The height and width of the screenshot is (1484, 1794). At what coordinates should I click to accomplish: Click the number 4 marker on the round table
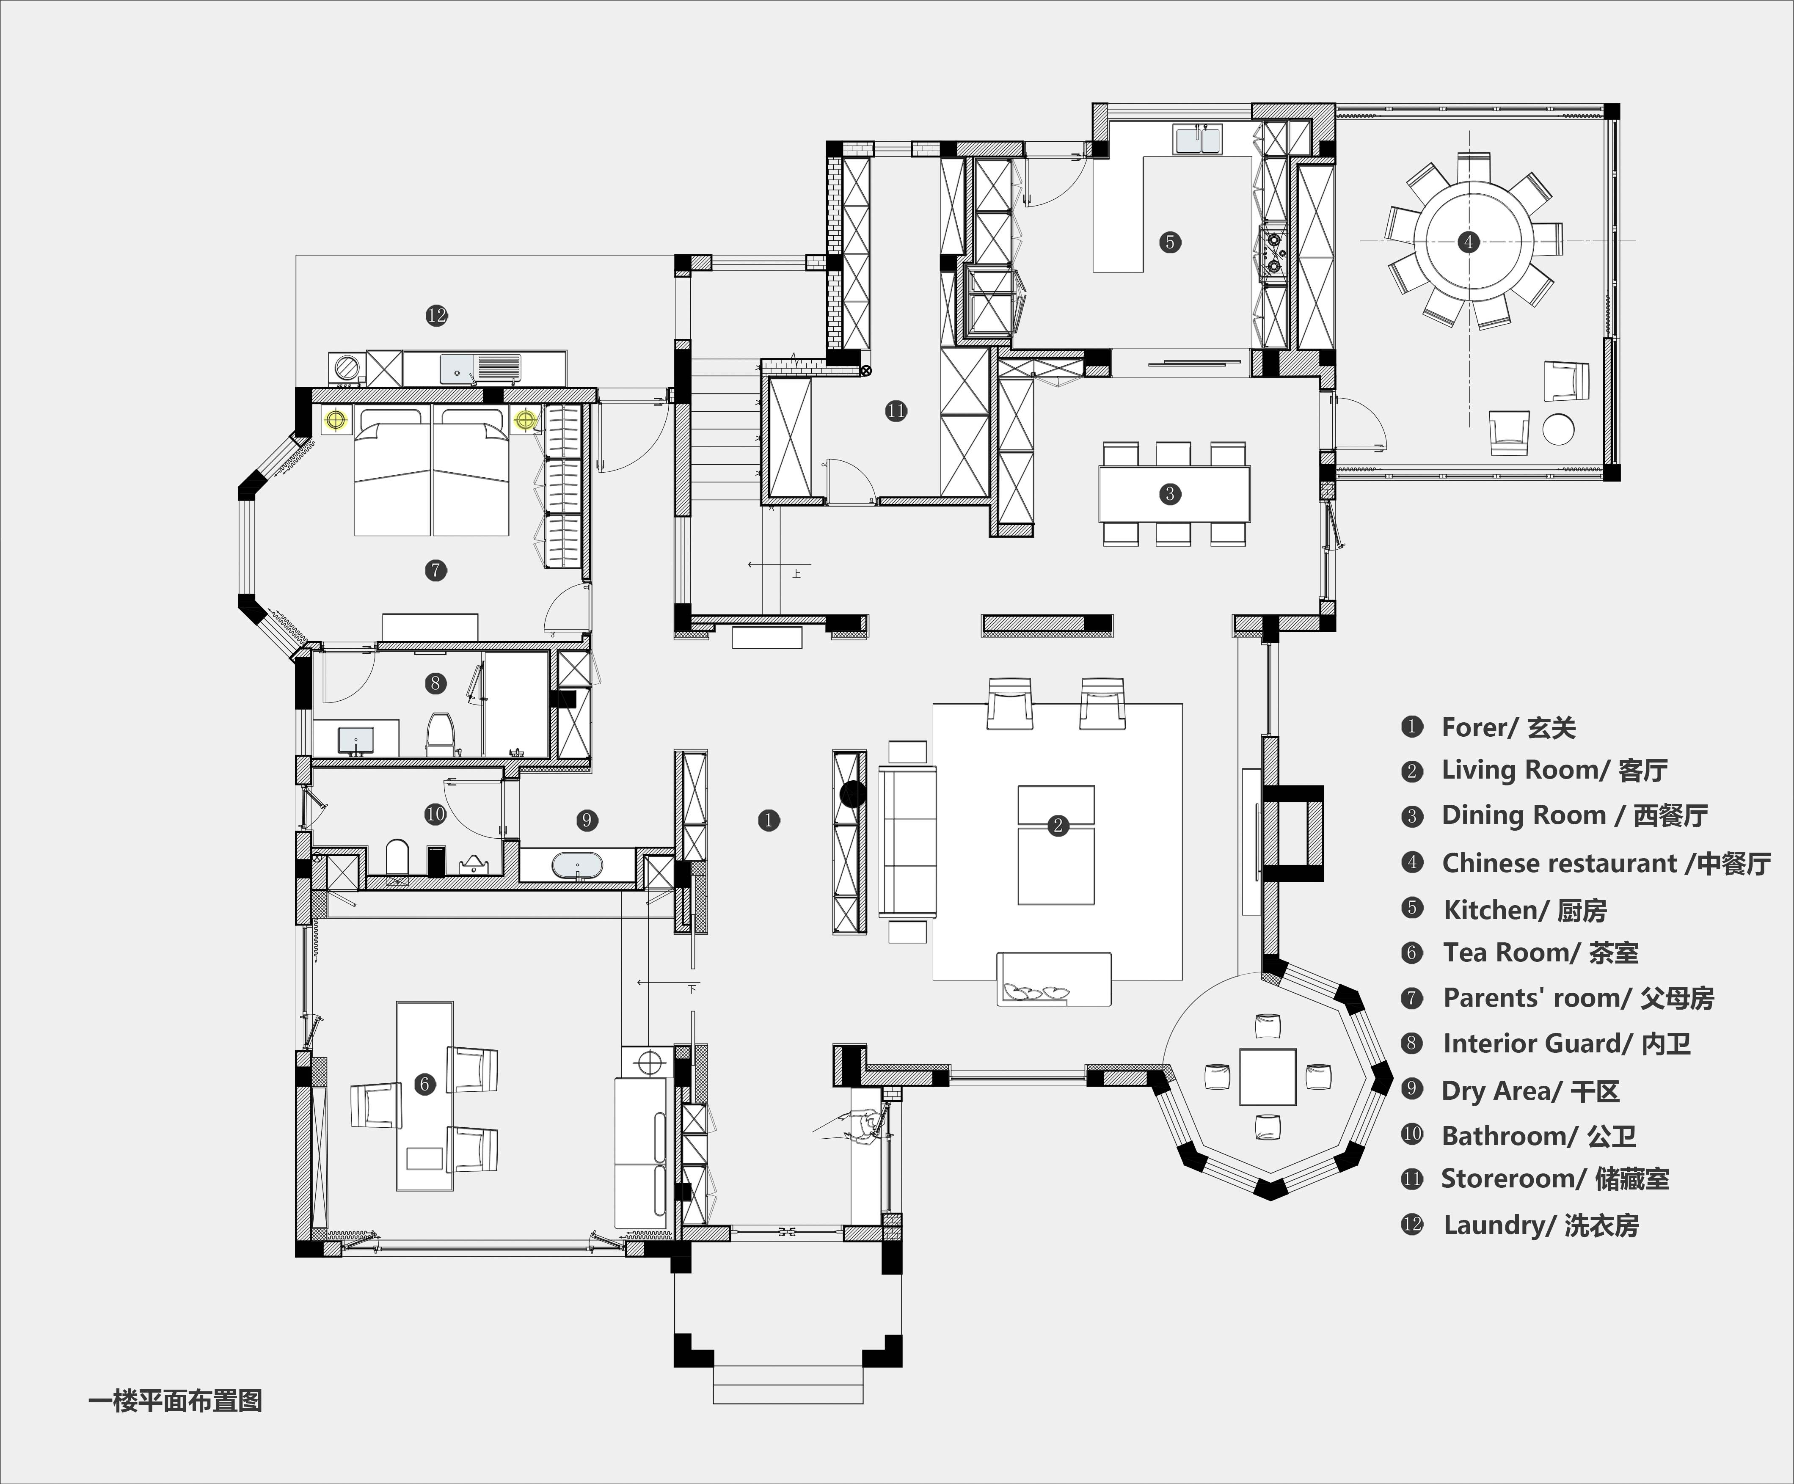tap(1469, 242)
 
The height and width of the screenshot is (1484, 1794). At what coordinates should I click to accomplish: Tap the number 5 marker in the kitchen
tap(1169, 242)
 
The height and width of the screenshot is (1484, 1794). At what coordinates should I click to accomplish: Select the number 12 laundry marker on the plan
tap(436, 315)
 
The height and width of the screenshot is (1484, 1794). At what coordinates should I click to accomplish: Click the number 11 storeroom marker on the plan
tap(895, 411)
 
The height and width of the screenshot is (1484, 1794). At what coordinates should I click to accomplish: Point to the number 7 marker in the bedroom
tap(435, 570)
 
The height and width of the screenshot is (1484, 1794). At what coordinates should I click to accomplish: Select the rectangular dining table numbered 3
tap(1174, 494)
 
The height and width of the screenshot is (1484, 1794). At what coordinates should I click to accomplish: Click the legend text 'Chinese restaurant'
tap(1559, 863)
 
